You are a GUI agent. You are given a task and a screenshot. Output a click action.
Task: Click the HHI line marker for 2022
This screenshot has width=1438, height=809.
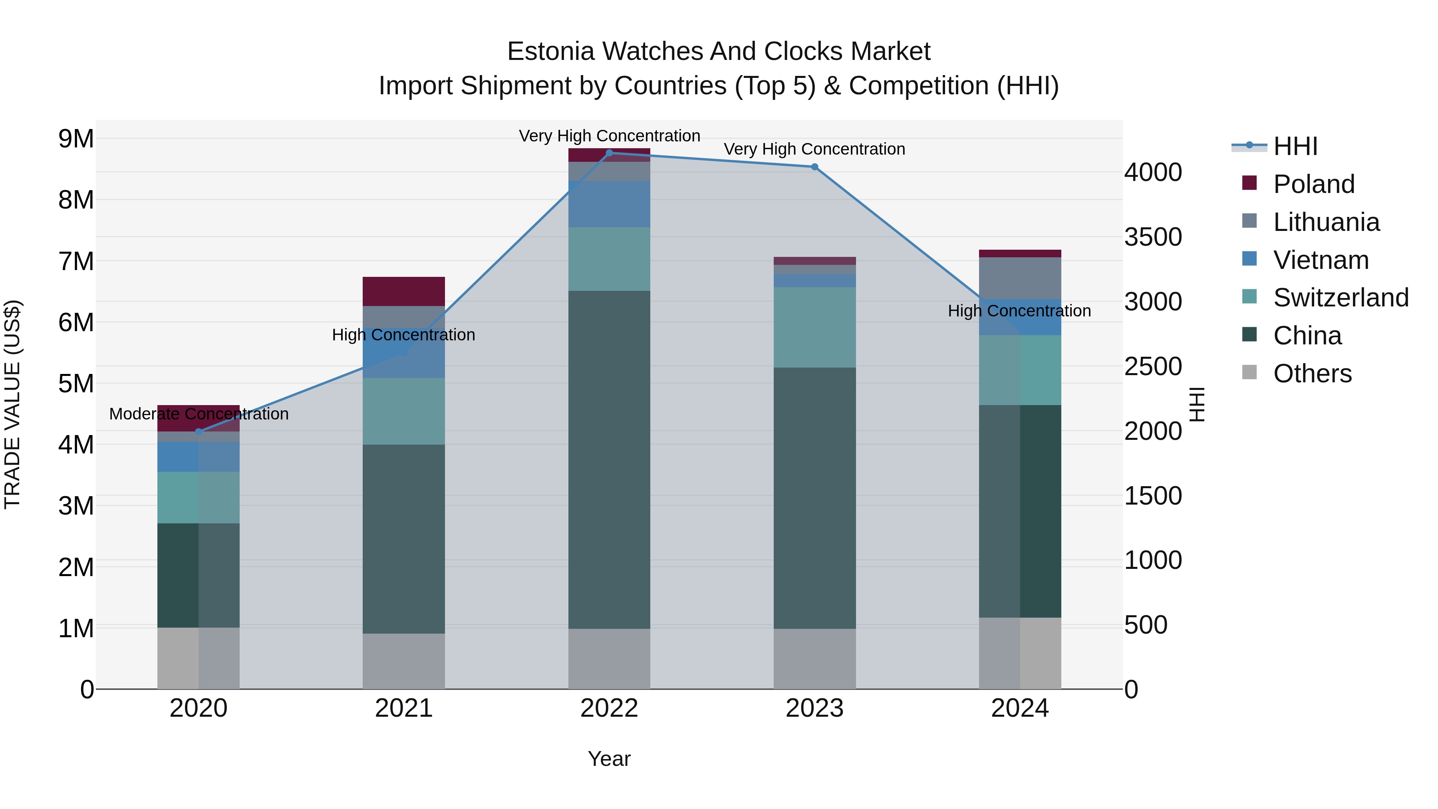pos(609,153)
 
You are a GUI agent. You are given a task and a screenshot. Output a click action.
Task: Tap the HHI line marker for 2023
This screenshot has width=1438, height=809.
pos(814,167)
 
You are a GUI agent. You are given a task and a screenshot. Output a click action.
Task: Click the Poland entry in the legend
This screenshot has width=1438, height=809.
pos(1313,184)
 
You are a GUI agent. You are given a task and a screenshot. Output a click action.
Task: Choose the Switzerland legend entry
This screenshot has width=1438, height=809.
pos(1340,298)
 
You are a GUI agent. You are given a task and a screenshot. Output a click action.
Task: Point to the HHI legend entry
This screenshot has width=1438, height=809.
pos(1295,146)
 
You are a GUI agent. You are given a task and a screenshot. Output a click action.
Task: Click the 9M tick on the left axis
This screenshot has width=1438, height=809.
pos(76,139)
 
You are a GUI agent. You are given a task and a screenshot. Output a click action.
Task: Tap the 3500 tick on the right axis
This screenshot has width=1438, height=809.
pos(1153,237)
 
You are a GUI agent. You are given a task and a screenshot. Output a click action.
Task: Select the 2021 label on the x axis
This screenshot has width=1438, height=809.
pos(403,708)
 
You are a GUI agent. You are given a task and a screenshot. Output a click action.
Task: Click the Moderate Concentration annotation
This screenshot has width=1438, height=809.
pos(199,414)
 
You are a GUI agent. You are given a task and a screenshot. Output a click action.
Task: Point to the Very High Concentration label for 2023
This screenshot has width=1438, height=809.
pos(814,149)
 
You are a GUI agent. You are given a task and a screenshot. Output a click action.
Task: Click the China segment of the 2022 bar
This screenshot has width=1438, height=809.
pos(609,459)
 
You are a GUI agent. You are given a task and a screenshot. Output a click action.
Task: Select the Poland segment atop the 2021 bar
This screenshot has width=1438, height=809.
pos(403,291)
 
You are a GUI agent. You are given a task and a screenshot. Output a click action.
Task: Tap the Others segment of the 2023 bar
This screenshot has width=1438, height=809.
pos(814,659)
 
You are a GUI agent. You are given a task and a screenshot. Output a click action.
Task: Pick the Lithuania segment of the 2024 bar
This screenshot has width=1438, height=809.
pos(1020,278)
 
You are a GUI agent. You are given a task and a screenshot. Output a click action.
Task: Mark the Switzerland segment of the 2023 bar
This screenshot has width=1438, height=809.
pos(814,327)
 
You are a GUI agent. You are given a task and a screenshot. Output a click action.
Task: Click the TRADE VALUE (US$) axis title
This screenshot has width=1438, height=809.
pos(12,404)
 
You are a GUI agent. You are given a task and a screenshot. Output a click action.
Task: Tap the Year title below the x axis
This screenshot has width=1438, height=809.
pos(609,759)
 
